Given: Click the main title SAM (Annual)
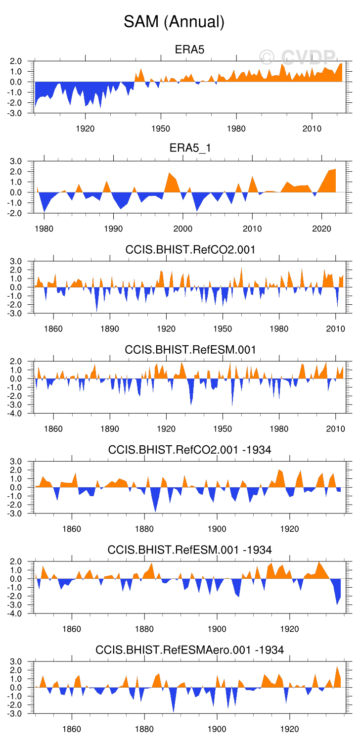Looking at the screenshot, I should pyautogui.click(x=174, y=22).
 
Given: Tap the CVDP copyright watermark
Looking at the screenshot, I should pyautogui.click(x=298, y=57).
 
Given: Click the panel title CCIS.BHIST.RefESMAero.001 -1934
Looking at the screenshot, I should pyautogui.click(x=190, y=650).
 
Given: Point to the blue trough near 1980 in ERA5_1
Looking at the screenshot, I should pyautogui.click(x=45, y=210).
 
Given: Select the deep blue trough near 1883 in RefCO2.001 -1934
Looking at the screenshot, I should pyautogui.click(x=156, y=511).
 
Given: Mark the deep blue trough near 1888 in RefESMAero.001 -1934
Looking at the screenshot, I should pyautogui.click(x=174, y=710).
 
